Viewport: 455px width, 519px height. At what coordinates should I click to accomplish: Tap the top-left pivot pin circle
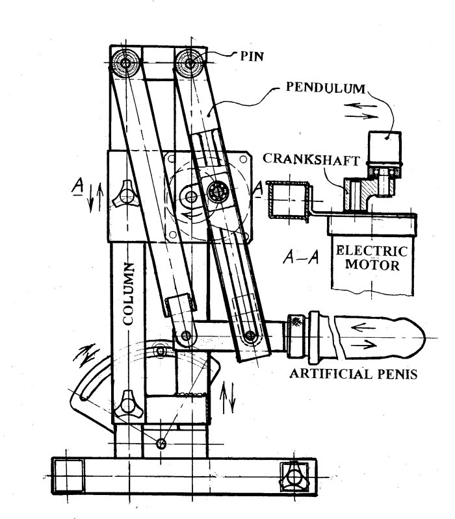[x=124, y=63]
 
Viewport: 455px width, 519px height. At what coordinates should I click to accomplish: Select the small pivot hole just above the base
[x=161, y=442]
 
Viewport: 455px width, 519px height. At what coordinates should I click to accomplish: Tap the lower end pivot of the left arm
[x=187, y=336]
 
